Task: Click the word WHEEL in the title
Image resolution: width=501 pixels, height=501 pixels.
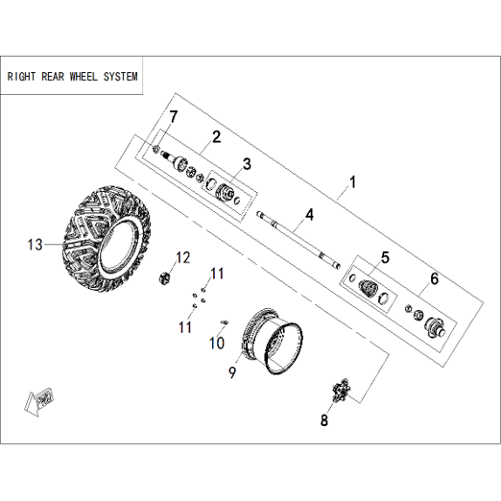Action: point(83,77)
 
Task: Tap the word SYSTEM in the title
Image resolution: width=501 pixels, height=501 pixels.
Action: point(121,77)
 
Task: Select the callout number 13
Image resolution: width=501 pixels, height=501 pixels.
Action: point(35,245)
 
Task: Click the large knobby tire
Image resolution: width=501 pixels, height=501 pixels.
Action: point(107,237)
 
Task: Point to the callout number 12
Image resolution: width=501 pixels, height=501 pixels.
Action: point(183,258)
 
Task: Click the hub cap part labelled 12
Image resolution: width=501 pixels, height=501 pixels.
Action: point(164,277)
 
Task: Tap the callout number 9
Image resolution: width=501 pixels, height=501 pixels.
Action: point(232,372)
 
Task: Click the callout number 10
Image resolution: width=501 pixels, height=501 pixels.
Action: point(217,343)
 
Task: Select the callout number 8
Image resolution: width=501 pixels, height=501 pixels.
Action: point(324,420)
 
